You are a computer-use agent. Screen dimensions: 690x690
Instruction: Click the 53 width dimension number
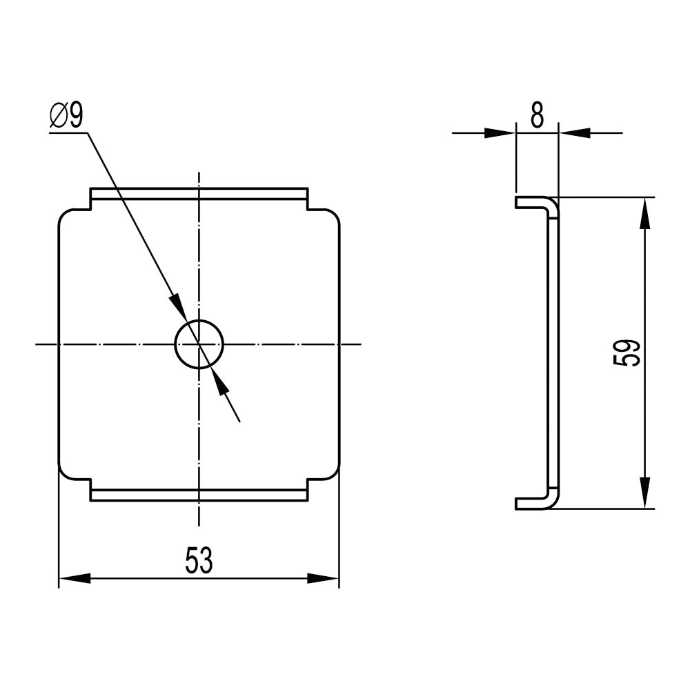tap(199, 560)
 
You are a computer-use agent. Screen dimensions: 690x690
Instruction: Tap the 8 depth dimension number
tap(537, 115)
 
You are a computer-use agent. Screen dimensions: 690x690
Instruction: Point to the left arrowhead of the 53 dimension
tap(75, 578)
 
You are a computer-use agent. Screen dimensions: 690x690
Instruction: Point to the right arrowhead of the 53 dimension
tap(323, 578)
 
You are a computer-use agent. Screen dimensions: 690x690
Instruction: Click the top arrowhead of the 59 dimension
tap(644, 213)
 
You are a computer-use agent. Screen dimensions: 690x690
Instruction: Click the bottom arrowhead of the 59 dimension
tap(644, 493)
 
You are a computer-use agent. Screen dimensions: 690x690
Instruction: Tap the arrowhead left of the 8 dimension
tap(500, 132)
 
